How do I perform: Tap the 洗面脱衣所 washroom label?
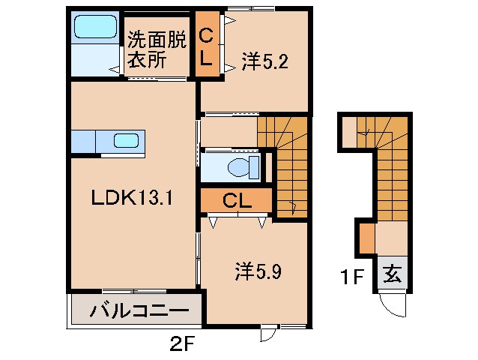pyautogui.click(x=156, y=49)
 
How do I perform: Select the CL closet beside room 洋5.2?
pyautogui.click(x=208, y=43)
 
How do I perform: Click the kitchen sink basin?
pyautogui.click(x=125, y=140)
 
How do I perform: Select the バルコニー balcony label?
pyautogui.click(x=136, y=310)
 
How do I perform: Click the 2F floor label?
pyautogui.click(x=183, y=346)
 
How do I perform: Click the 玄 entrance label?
pyautogui.click(x=393, y=274)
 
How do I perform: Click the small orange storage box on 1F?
pyautogui.click(x=366, y=238)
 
